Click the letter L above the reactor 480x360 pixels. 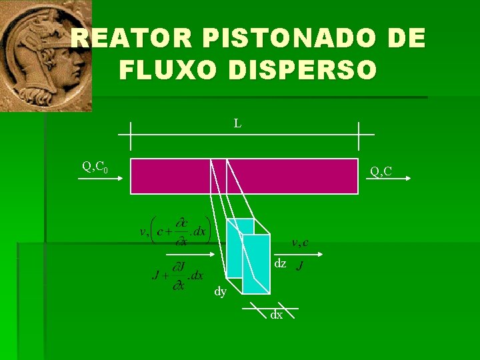tap(237, 123)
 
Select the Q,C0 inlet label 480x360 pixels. tap(95, 167)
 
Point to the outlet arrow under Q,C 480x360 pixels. tap(393, 179)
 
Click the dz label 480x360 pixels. tap(280, 264)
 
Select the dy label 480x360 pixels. tap(220, 291)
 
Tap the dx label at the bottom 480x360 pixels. tap(276, 314)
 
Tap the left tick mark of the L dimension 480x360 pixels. tap(131, 136)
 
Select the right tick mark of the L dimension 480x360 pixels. tap(358, 136)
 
